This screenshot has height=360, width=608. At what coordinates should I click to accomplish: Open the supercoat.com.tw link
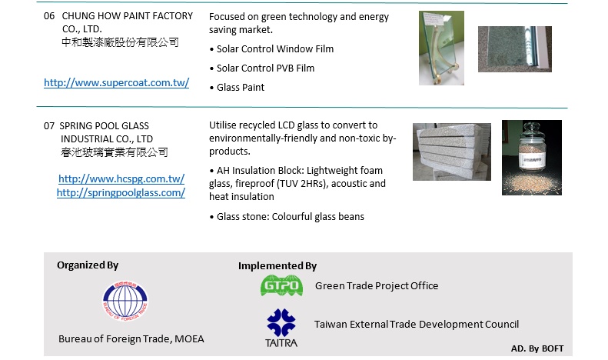116,82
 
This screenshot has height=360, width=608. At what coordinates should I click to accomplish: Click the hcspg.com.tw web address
121,178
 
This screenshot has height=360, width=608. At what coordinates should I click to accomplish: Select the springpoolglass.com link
121,193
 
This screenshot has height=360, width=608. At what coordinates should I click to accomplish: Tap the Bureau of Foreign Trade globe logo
125,301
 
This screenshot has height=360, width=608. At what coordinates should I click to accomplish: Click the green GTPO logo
281,285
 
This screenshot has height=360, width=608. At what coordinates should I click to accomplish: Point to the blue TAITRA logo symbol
281,322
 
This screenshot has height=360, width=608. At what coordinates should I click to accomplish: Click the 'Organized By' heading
88,265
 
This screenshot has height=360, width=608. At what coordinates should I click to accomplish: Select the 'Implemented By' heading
277,265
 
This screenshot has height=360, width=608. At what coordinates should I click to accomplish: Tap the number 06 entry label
49,16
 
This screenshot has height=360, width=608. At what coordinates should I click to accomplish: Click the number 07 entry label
49,126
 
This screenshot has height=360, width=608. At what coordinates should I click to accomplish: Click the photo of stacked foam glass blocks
452,152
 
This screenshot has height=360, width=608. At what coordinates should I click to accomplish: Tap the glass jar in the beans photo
532,147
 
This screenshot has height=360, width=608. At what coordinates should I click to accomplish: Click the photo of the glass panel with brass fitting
441,48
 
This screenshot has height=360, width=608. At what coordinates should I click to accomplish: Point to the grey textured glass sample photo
515,49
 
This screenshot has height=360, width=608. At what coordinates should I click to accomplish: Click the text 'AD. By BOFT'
537,348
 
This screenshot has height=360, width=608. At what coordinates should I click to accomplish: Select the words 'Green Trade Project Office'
377,286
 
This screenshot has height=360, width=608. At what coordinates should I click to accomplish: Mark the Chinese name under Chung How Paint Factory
120,42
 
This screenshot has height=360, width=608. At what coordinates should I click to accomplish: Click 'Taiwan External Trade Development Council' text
417,325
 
